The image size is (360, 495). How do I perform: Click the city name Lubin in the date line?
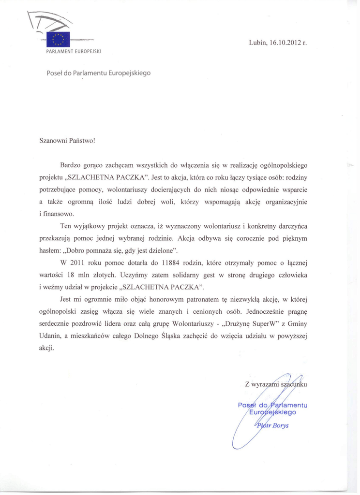pos(257,42)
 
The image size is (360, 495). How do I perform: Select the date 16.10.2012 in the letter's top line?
pos(285,42)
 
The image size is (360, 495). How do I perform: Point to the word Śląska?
pos(170,335)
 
